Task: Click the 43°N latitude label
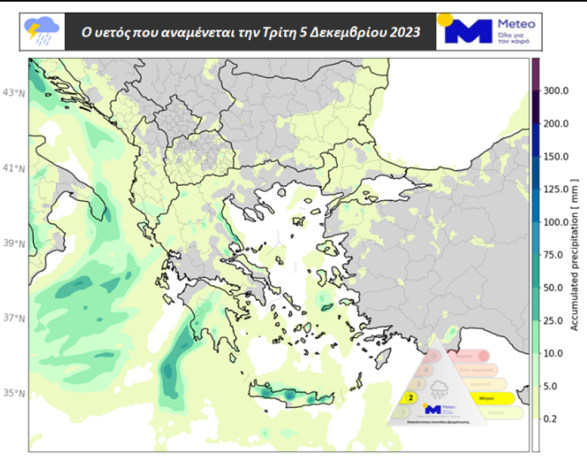(x=14, y=93)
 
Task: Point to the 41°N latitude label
(x=14, y=168)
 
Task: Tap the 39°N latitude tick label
(x=14, y=244)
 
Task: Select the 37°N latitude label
(x=14, y=318)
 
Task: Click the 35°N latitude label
(x=14, y=393)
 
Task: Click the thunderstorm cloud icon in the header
(x=41, y=31)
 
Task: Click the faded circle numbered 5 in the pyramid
(x=435, y=357)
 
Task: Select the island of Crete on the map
(x=290, y=395)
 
